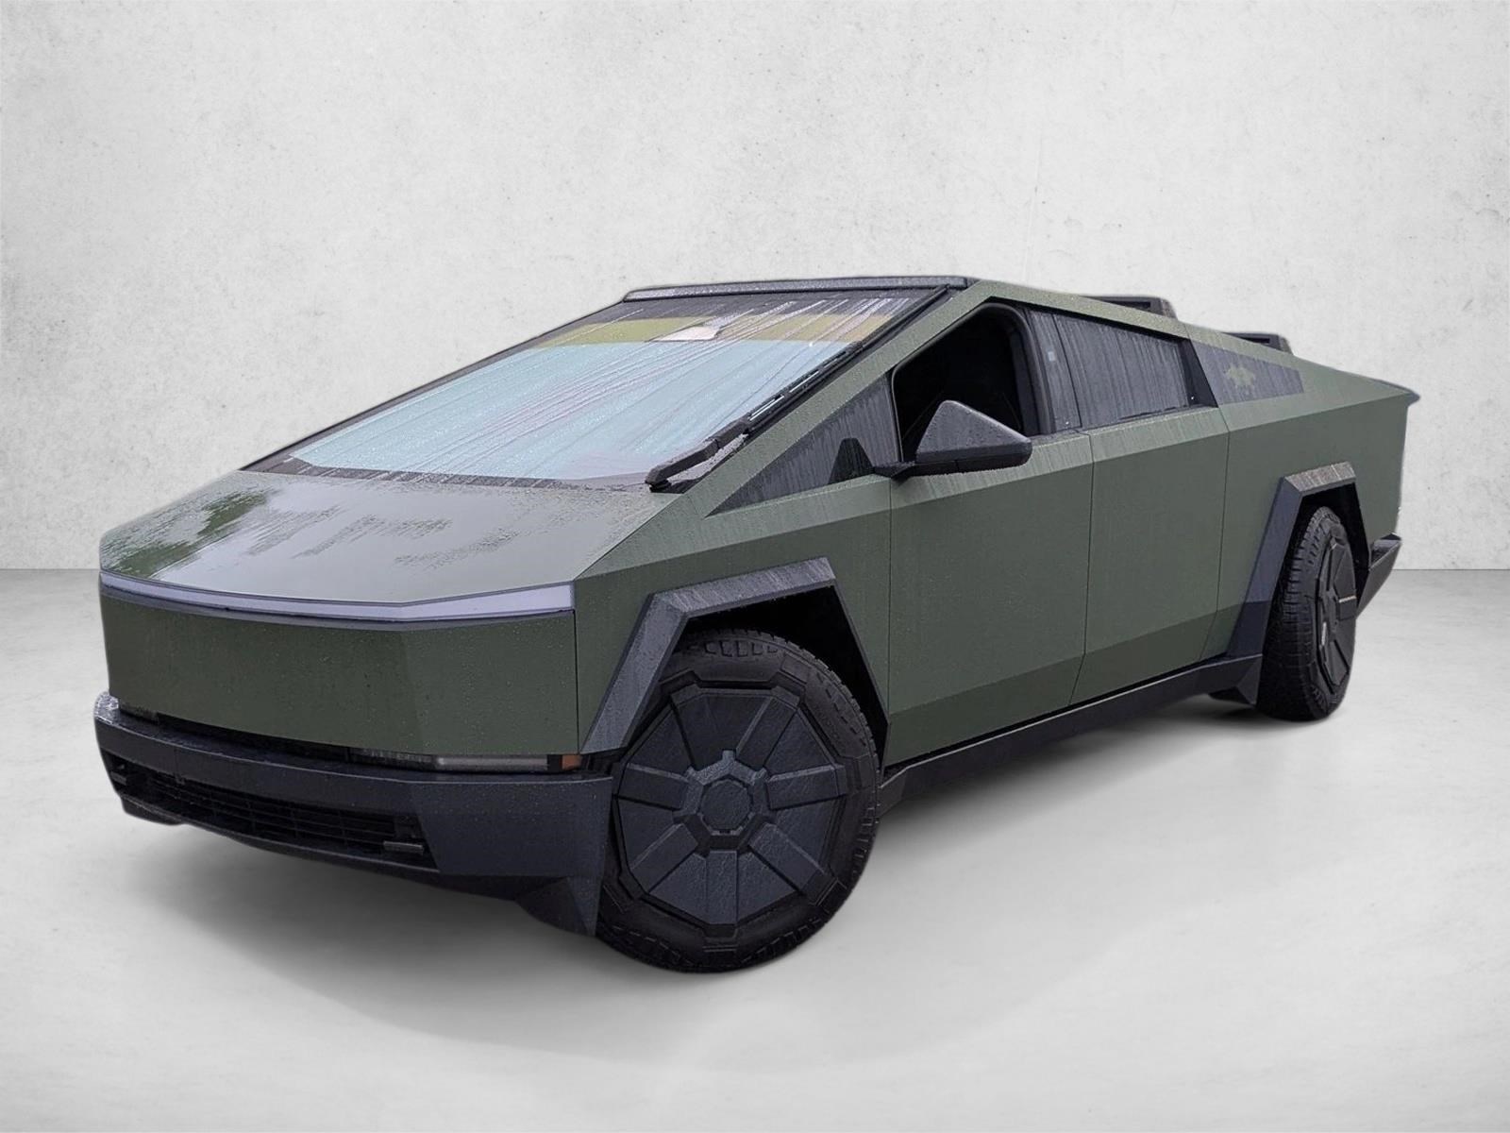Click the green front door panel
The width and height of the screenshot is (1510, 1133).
click(991, 585)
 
